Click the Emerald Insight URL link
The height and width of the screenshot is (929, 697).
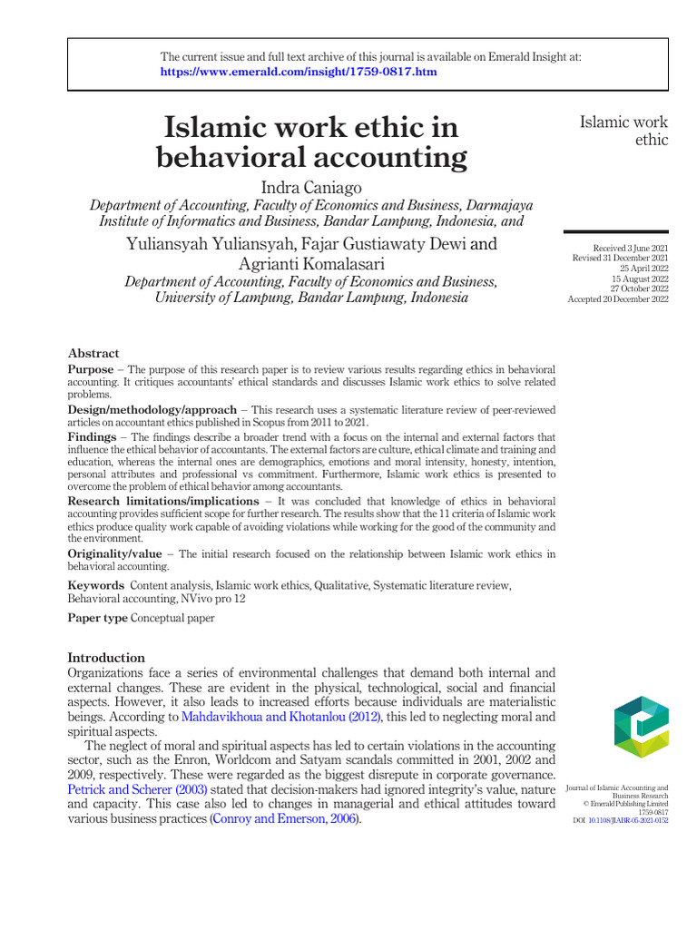point(299,72)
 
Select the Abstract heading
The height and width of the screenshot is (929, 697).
point(93,353)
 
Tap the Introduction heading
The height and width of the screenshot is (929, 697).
point(106,658)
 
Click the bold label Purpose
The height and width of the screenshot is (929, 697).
point(91,370)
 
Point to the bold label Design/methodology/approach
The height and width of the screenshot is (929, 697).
point(152,410)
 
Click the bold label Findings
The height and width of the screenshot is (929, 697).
point(92,436)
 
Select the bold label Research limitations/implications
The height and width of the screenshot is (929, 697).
point(163,501)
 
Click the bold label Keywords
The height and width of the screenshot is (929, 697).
point(96,586)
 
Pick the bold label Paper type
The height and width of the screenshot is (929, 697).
point(98,618)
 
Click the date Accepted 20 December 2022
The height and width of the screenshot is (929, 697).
point(618,299)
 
